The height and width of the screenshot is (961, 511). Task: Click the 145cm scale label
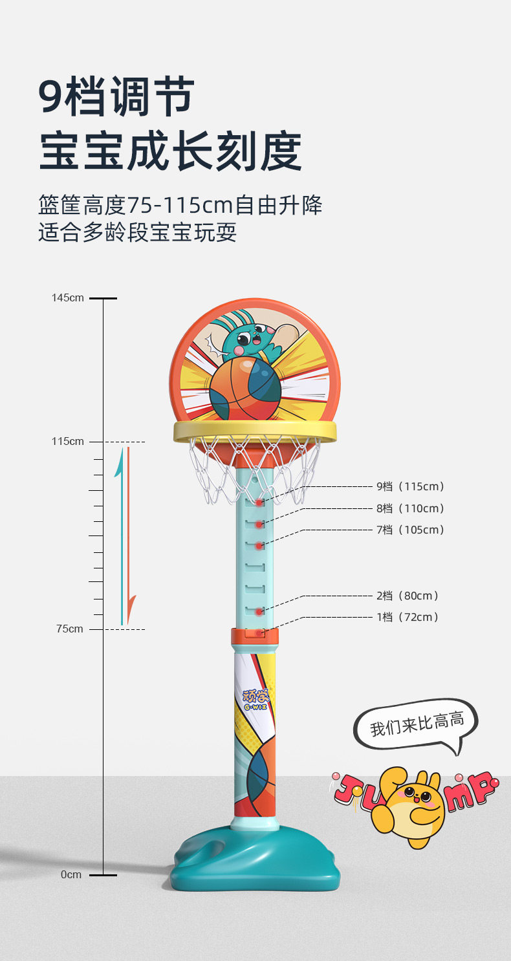(x=68, y=298)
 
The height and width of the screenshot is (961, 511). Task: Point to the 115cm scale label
(x=68, y=442)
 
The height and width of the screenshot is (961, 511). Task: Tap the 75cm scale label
(x=69, y=629)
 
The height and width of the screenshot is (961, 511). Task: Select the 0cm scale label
(x=71, y=875)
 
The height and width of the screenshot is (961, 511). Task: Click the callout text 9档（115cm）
(x=411, y=487)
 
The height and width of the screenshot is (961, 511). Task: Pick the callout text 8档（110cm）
(x=411, y=508)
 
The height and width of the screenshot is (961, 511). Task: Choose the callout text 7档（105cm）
(x=411, y=530)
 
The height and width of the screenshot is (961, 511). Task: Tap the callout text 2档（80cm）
(x=408, y=596)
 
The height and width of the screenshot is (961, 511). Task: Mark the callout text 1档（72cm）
(x=408, y=618)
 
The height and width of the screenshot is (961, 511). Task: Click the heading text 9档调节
(x=116, y=97)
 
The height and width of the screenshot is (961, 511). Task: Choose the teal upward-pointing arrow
(x=120, y=537)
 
